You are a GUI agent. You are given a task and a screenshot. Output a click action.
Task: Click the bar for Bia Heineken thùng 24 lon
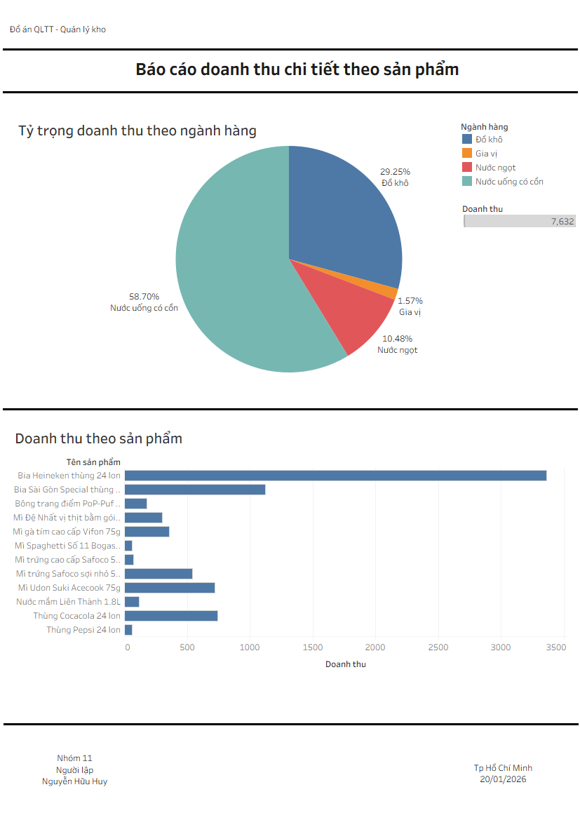tap(335, 476)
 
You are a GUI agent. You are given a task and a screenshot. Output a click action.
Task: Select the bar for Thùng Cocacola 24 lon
tap(171, 616)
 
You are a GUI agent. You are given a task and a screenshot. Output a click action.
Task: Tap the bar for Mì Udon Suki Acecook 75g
tap(170, 588)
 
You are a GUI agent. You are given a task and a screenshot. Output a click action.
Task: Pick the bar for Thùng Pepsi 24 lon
tap(128, 630)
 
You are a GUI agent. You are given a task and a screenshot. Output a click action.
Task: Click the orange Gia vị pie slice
tap(389, 290)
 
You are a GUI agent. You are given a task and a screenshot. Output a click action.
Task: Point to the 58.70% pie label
tap(144, 296)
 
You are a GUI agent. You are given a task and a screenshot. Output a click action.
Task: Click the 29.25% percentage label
tap(395, 171)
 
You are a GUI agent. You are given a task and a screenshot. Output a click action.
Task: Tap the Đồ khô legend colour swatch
tap(467, 140)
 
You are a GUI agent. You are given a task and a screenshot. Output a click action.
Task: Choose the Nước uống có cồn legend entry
tap(509, 182)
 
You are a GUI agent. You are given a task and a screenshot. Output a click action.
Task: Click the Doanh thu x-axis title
tap(345, 664)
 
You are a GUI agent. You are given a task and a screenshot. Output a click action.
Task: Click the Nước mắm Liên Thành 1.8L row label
tap(68, 602)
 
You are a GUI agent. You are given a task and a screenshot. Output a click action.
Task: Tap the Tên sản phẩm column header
tap(93, 462)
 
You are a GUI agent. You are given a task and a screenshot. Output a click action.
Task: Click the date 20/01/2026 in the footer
tap(503, 779)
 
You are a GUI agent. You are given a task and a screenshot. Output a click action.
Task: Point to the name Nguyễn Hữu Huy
tap(74, 781)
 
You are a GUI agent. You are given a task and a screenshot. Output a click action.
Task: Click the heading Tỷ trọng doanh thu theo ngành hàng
tap(137, 131)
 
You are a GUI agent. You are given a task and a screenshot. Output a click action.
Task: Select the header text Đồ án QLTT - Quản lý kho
tap(58, 29)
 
